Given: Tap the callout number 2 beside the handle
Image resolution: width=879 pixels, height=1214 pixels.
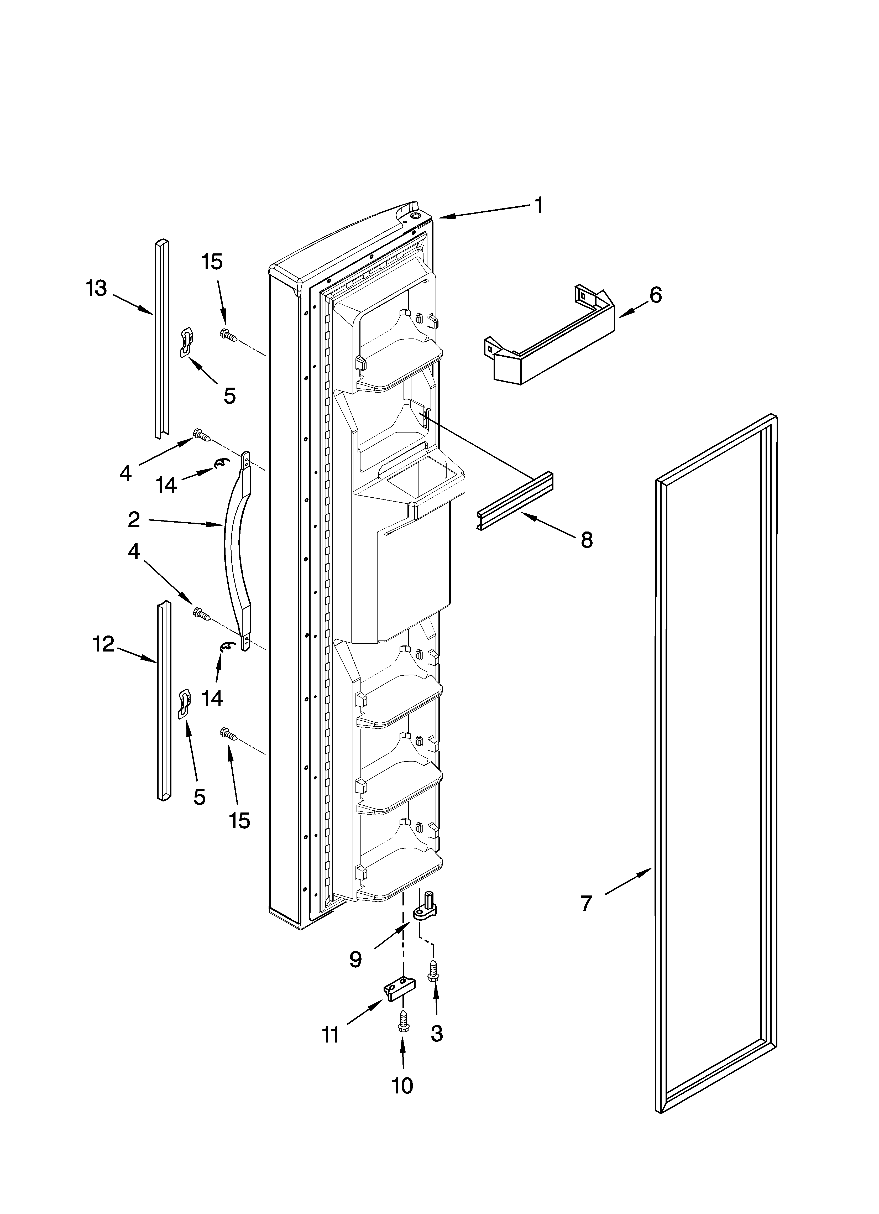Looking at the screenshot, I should point(134,519).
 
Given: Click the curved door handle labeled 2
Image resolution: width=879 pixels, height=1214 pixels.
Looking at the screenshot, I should point(236,551).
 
